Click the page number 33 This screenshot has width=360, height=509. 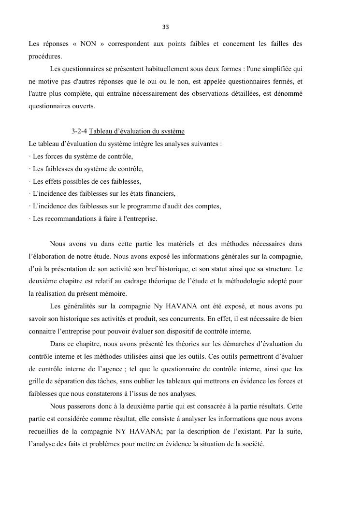point(165,27)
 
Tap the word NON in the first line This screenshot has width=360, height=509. point(88,44)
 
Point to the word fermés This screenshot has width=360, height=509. point(280,81)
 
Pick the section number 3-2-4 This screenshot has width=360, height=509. point(79,131)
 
